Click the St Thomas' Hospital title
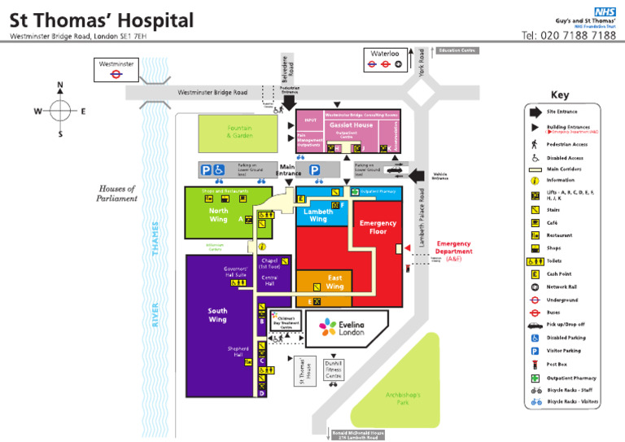[102, 20]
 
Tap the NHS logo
[604, 11]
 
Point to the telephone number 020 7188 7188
[569, 36]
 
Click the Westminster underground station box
[116, 68]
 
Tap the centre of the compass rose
[60, 111]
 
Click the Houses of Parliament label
[117, 193]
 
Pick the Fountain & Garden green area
[239, 133]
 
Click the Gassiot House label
[352, 125]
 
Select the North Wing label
[218, 215]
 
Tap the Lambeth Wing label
[318, 215]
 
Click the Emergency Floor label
[378, 227]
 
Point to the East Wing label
[334, 282]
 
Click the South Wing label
[217, 315]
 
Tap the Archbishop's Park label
[403, 399]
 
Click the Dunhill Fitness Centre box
[334, 370]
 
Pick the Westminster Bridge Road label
[212, 92]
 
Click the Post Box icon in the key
[535, 365]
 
